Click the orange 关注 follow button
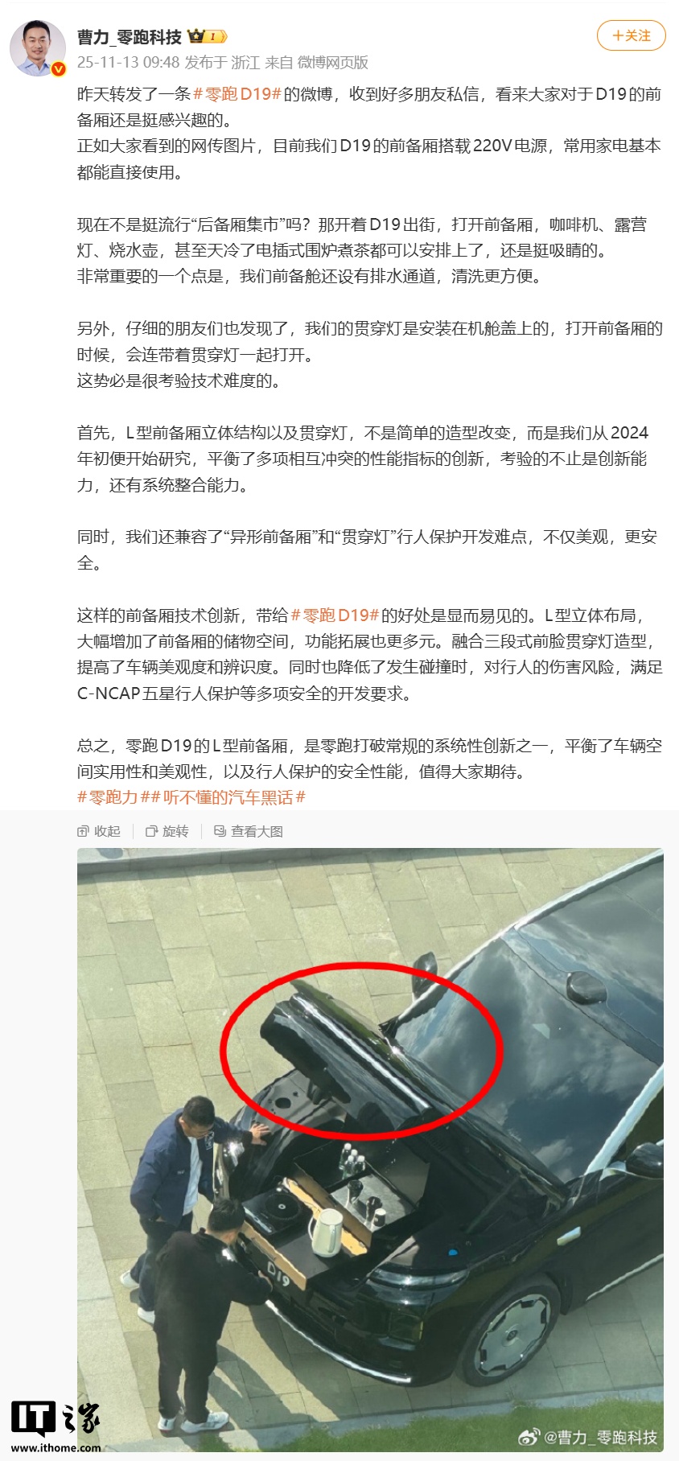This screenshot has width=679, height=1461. pos(632,35)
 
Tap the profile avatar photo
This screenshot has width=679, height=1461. pos(38,48)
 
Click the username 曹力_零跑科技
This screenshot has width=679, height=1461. pos(129,37)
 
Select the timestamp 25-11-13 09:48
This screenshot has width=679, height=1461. pos(128,63)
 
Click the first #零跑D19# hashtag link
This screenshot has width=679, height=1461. pos(237,94)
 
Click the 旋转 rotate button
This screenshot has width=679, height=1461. pos(167,831)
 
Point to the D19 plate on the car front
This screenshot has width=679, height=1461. pos(278,1274)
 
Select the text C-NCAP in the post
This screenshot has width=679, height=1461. pos(109,693)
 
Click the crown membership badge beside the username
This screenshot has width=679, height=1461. pos(207,36)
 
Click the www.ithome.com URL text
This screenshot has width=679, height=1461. pos(56,1448)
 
